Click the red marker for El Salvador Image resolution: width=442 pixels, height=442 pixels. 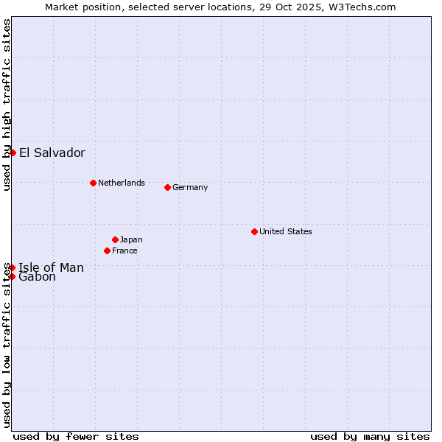[x=13, y=152]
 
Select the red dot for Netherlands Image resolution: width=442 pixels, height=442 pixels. [x=93, y=183]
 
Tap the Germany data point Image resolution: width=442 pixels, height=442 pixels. [x=167, y=187]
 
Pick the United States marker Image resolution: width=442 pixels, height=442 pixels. [x=254, y=231]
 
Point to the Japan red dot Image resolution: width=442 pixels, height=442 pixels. [x=115, y=239]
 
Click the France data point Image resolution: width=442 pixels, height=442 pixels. [x=108, y=250]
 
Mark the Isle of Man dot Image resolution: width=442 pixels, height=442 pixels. [x=12, y=267]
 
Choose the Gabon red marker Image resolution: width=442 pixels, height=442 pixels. [x=12, y=276]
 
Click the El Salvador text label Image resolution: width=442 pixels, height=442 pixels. [x=52, y=153]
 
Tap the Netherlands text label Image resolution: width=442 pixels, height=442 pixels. [x=121, y=183]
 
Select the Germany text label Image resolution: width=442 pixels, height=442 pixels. [x=190, y=187]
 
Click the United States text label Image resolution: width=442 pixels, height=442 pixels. [x=285, y=231]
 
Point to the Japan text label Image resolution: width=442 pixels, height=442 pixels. [x=131, y=239]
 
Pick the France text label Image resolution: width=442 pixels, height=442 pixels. [x=124, y=250]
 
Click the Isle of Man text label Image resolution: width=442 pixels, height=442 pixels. [x=51, y=267]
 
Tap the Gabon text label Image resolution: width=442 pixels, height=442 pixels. [x=37, y=277]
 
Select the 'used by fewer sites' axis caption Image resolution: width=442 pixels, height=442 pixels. [x=76, y=436]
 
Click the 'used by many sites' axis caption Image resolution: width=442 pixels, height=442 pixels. [x=370, y=436]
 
